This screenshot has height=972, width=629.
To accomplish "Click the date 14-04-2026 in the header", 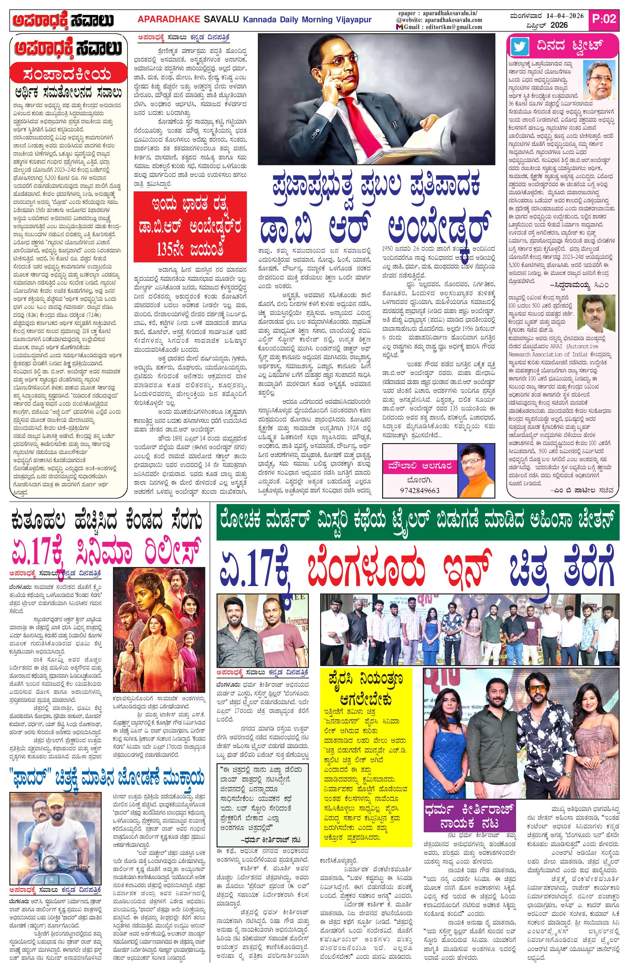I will click(x=564, y=16).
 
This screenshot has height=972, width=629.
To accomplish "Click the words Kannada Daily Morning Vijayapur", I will click(x=307, y=20).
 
